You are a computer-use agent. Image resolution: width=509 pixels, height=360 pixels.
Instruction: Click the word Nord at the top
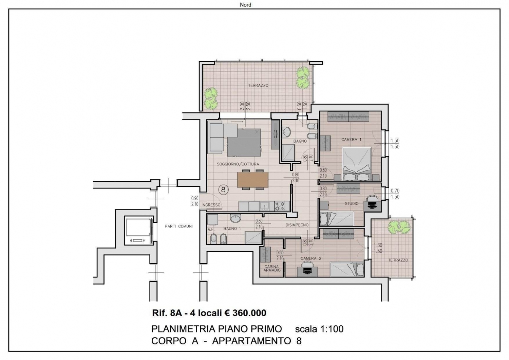click(x=245, y=4)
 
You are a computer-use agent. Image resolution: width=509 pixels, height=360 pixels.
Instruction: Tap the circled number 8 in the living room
click(x=223, y=189)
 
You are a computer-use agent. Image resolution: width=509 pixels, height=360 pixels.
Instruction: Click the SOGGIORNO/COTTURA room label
click(x=238, y=164)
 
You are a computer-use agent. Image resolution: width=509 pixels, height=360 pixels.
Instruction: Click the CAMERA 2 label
click(x=311, y=258)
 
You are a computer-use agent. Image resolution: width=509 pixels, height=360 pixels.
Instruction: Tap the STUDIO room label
click(x=352, y=203)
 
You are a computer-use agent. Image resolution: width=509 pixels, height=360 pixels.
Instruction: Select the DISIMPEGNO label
click(x=297, y=225)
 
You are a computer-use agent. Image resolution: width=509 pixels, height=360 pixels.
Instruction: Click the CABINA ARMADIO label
click(x=272, y=268)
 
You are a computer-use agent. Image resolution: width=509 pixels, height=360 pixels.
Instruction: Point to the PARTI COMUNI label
click(x=178, y=226)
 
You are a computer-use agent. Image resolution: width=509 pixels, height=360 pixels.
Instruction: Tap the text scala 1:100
click(x=319, y=329)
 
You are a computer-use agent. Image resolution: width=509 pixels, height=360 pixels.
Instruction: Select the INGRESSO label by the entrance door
click(x=211, y=205)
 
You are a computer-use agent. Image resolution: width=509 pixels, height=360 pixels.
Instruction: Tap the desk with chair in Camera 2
click(x=307, y=269)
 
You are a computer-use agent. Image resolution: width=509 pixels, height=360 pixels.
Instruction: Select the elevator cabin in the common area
click(x=138, y=230)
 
